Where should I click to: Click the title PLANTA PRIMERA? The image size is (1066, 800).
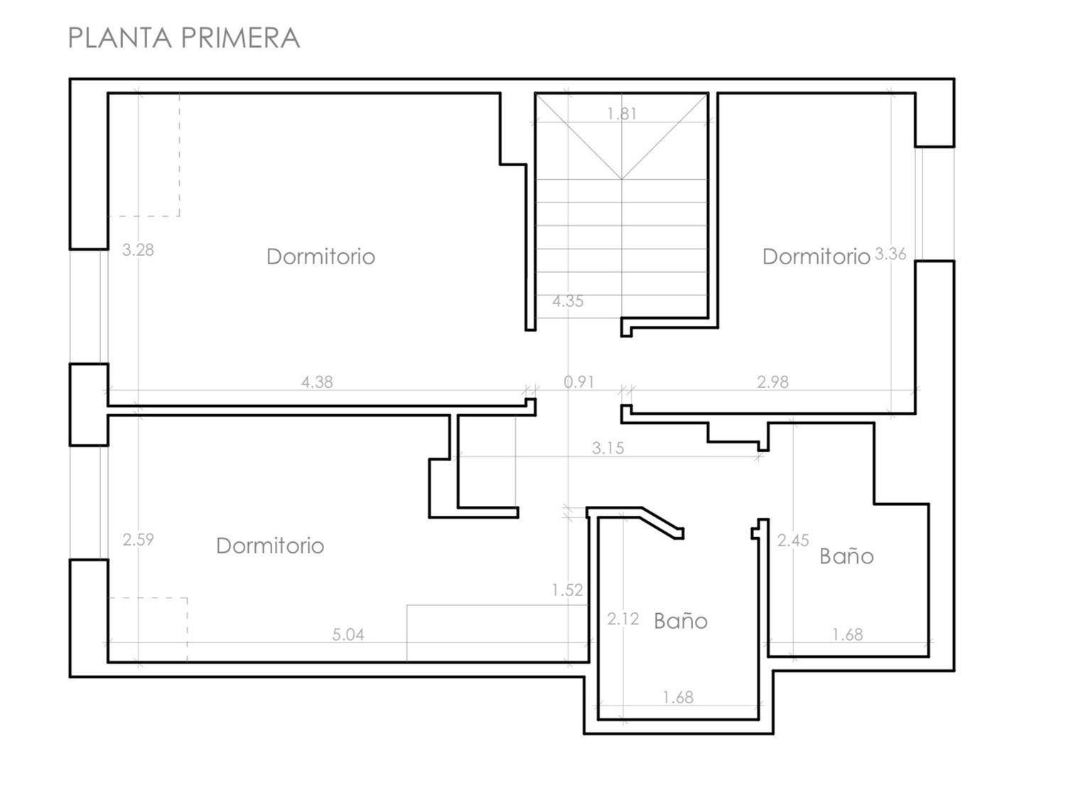click(x=184, y=38)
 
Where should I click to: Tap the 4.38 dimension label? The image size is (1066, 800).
click(x=317, y=382)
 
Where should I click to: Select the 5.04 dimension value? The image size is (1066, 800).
click(x=348, y=634)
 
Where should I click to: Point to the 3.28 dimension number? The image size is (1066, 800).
click(x=138, y=250)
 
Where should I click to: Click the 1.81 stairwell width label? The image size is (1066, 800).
click(x=622, y=114)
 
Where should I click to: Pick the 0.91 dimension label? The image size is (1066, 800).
click(x=579, y=382)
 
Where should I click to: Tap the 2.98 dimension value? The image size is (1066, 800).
click(x=772, y=382)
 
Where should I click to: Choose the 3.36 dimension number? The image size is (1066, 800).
click(x=890, y=254)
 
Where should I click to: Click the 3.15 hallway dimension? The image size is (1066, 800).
click(x=608, y=448)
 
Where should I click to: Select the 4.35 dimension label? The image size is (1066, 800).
click(x=568, y=301)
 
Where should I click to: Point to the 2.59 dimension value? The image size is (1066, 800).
click(x=138, y=539)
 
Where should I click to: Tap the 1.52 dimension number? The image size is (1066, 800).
click(x=567, y=590)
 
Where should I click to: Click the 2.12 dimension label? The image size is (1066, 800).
click(x=623, y=619)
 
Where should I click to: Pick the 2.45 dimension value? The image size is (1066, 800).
click(x=793, y=540)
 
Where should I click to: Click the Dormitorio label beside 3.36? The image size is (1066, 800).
click(x=816, y=256)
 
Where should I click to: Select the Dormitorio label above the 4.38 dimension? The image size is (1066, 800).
click(x=321, y=256)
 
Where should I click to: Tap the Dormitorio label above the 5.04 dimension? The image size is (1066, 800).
click(x=270, y=546)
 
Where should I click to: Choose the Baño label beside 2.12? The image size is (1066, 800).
click(x=680, y=621)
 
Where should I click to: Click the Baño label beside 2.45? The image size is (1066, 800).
click(x=846, y=556)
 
